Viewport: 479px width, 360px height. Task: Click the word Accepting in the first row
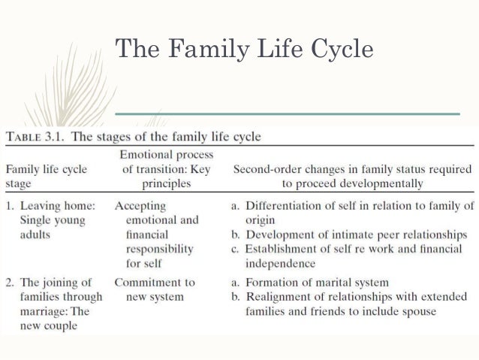(x=141, y=204)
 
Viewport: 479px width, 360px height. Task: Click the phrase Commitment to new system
(x=154, y=290)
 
